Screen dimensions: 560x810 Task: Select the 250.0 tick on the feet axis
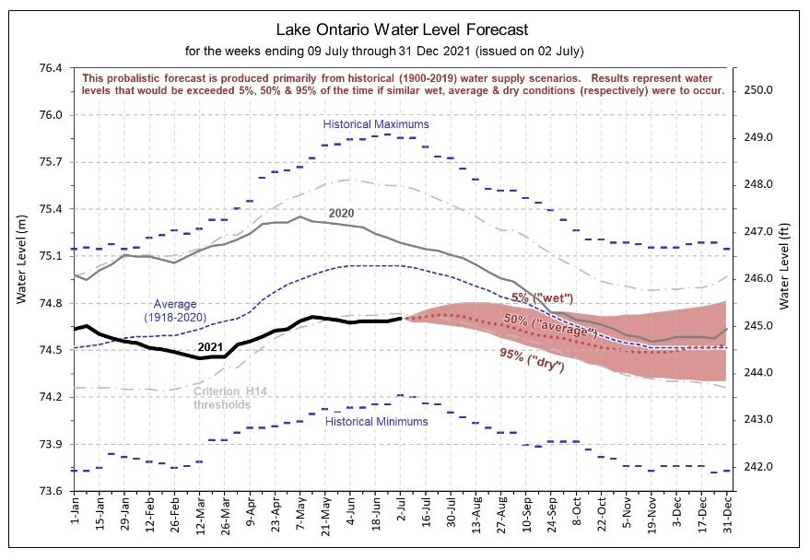pos(757,90)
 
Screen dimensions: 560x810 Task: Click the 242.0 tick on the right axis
pos(757,467)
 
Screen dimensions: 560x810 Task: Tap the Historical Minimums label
pos(376,421)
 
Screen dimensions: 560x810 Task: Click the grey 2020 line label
pos(341,212)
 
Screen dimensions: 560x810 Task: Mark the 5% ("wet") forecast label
pos(542,297)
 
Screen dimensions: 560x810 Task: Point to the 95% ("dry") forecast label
pos(534,356)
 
